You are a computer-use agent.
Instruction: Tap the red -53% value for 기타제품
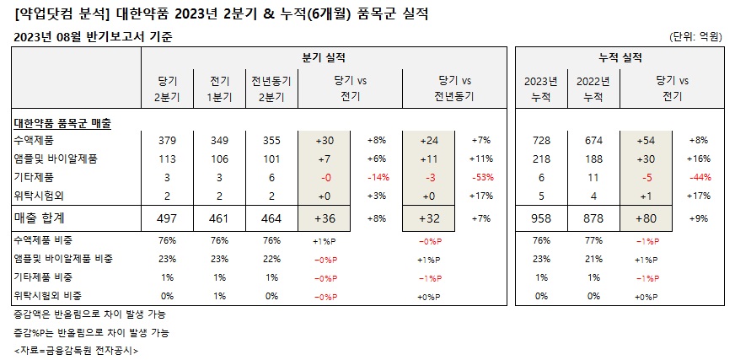[483, 177]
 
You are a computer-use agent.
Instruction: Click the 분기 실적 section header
[324, 57]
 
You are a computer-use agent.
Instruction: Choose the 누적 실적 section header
[620, 57]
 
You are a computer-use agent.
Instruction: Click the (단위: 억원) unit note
[696, 36]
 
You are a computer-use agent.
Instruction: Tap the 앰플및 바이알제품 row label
[56, 158]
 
